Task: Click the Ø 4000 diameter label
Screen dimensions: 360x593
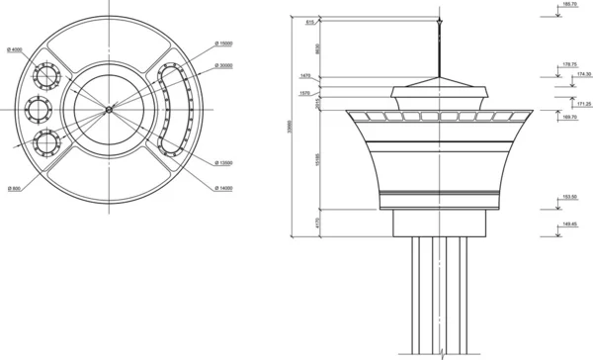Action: pyautogui.click(x=15, y=49)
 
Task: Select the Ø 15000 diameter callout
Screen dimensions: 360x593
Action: pyautogui.click(x=223, y=44)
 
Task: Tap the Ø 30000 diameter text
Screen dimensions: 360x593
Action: pyautogui.click(x=223, y=66)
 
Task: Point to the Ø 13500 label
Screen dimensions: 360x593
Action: pyautogui.click(x=223, y=163)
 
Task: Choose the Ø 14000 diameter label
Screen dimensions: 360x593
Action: pyautogui.click(x=223, y=188)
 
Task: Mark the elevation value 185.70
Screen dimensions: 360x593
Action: pyautogui.click(x=568, y=5)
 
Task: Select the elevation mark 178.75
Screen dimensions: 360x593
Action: pyautogui.click(x=568, y=64)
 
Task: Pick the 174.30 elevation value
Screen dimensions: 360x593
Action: pyautogui.click(x=581, y=74)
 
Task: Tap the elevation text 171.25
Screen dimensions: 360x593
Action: pyautogui.click(x=581, y=104)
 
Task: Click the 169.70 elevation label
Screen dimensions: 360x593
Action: pyautogui.click(x=568, y=117)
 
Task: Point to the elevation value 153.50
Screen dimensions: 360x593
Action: pyautogui.click(x=568, y=198)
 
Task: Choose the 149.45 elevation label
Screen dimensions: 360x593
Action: pyautogui.click(x=568, y=224)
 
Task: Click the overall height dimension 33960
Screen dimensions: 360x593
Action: pyautogui.click(x=290, y=129)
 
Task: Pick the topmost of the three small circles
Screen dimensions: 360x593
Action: pyautogui.click(x=47, y=74)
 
